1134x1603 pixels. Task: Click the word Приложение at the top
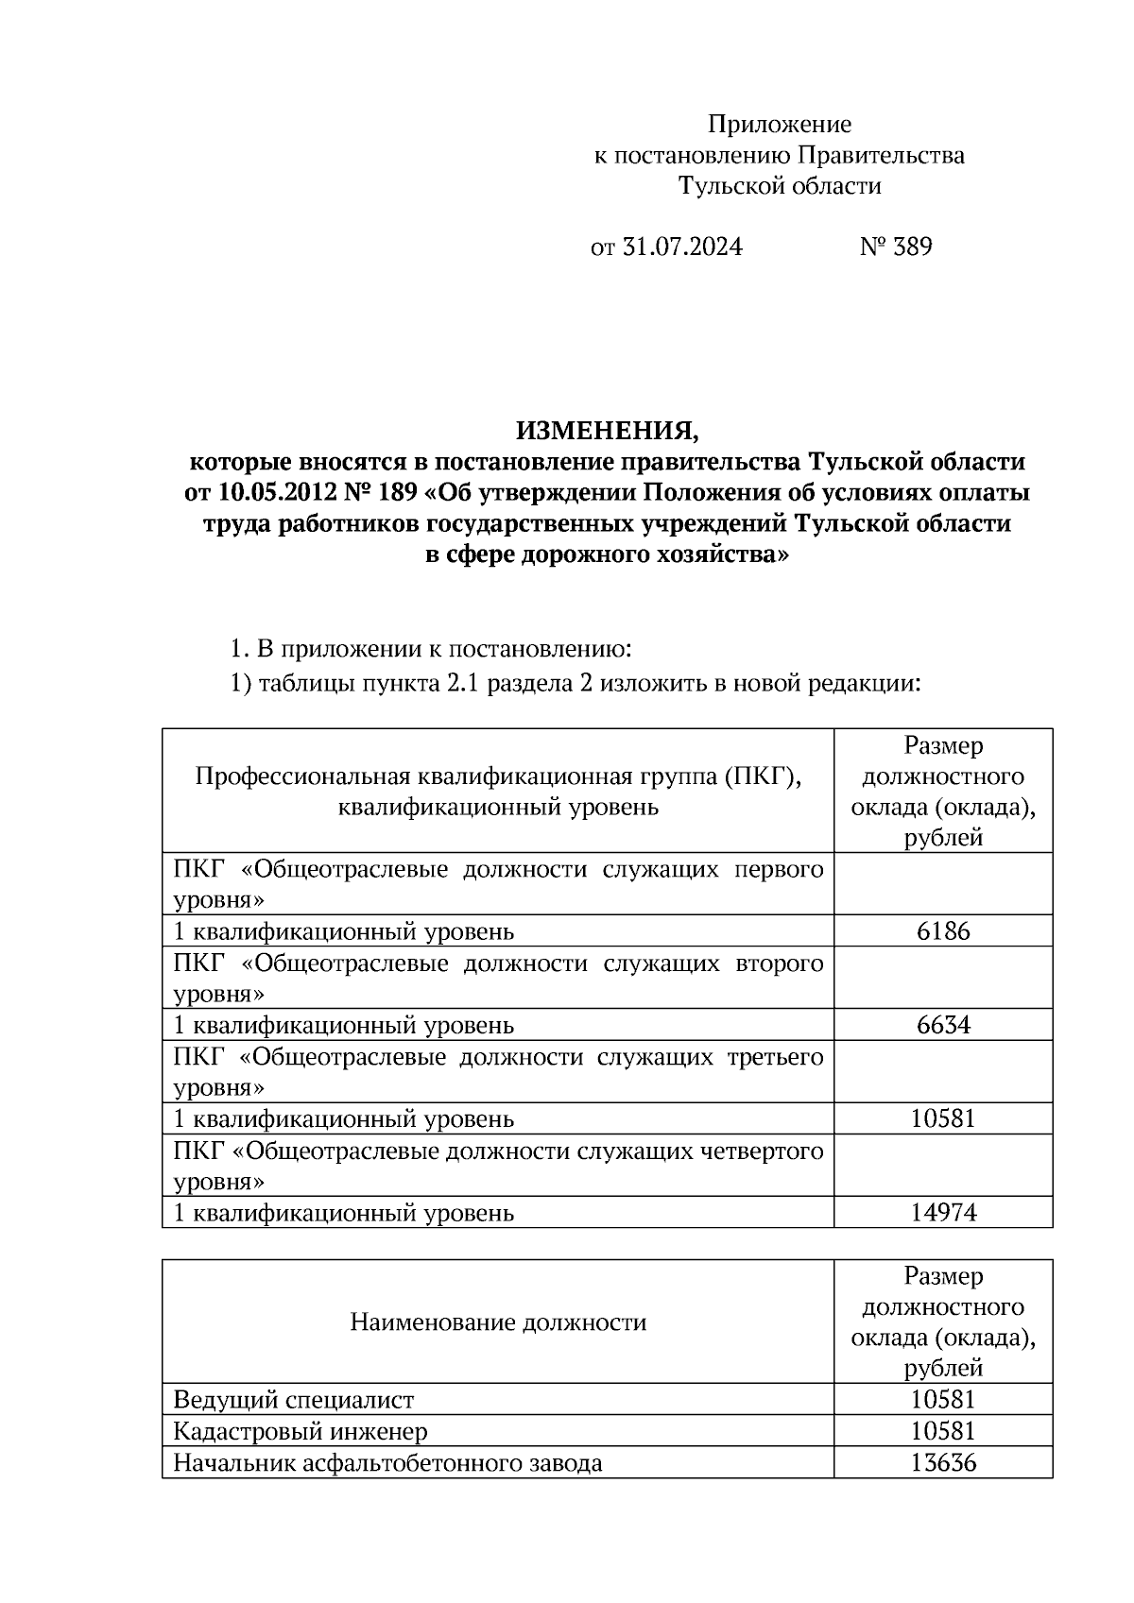(780, 124)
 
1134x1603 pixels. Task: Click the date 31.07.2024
(681, 247)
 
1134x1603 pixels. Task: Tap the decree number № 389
(896, 247)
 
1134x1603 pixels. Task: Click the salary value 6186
(943, 931)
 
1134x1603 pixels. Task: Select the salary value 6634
(943, 1025)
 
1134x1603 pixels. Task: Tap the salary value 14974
(943, 1213)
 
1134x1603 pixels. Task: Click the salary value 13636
(943, 1463)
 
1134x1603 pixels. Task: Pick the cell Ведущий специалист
(294, 1400)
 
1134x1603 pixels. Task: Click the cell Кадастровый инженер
(301, 1432)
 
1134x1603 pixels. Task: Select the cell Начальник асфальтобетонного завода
(387, 1463)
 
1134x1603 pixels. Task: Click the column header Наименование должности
(498, 1322)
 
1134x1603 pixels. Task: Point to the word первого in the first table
(779, 870)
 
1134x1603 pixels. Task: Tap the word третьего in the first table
(774, 1057)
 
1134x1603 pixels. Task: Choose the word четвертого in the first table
(762, 1151)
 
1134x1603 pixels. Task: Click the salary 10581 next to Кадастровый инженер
(943, 1432)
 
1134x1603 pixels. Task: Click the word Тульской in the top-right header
(726, 186)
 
